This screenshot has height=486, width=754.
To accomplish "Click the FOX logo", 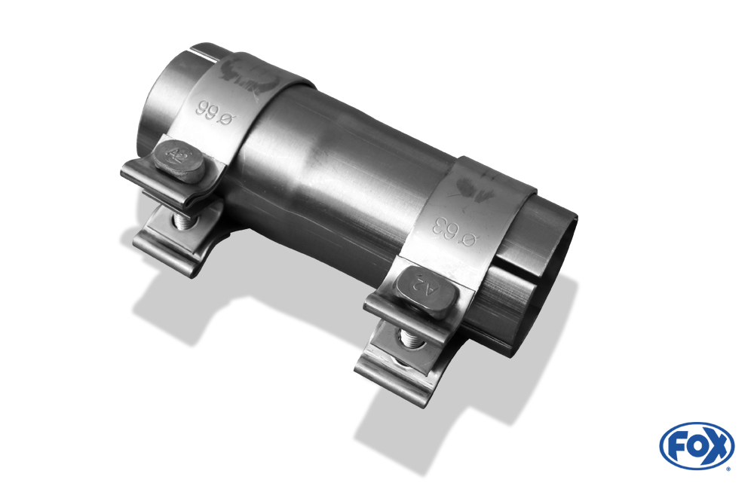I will coord(696,445).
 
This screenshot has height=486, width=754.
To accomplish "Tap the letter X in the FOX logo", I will coord(719,445).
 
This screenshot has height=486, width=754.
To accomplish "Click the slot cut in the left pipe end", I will coord(202,54).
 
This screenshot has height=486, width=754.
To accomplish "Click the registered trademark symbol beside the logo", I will coord(728,468).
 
